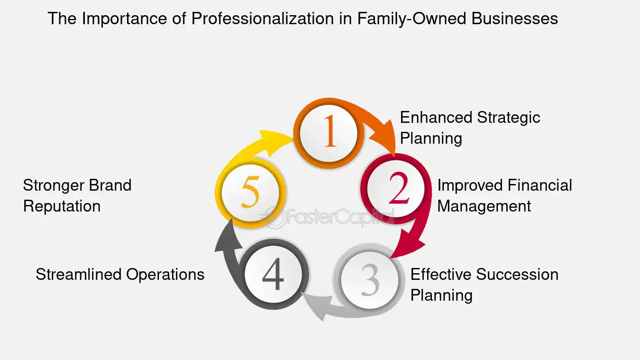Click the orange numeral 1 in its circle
pos(330,131)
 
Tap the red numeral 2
pos(399,187)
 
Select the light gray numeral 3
pos(370,280)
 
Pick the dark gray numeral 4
pos(273,274)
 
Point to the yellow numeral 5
pos(250,191)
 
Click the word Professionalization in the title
pos(263,18)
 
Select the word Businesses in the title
pos(514,18)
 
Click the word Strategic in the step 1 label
pos(509,118)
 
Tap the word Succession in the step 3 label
pos(517,275)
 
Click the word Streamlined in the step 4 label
pos(79,275)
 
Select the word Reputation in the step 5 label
pos(62,207)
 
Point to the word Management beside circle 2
pos(484,206)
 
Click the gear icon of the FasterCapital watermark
pos(273,218)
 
